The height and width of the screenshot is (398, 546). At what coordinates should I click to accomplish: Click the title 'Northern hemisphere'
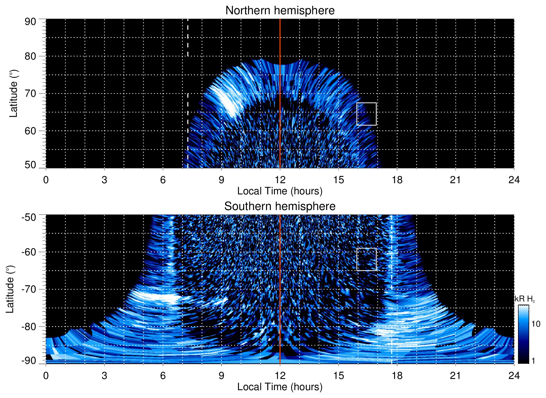click(280, 11)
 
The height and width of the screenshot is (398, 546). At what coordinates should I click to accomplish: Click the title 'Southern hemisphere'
click(280, 206)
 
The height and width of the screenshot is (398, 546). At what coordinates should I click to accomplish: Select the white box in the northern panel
click(366, 114)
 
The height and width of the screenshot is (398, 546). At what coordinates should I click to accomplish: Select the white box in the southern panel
click(366, 259)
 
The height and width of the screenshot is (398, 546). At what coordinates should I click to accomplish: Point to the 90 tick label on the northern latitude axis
click(30, 22)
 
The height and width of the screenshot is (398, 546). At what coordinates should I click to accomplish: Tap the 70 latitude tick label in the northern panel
click(30, 93)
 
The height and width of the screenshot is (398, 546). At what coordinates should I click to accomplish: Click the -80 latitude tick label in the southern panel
click(29, 326)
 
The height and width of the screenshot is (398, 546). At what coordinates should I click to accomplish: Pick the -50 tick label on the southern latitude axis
click(29, 217)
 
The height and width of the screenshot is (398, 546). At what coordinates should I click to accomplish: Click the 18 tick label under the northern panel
click(397, 180)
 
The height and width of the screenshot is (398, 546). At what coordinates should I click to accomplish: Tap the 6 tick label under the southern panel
click(163, 376)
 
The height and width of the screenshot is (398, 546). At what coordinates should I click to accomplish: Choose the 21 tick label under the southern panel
click(456, 376)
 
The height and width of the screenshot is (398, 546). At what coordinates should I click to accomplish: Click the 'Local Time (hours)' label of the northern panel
click(280, 191)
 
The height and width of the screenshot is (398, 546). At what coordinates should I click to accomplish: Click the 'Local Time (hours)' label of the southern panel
click(280, 387)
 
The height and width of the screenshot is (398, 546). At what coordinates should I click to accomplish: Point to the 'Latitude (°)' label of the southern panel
click(10, 289)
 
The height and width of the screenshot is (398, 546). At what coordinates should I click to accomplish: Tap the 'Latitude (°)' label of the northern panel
click(13, 93)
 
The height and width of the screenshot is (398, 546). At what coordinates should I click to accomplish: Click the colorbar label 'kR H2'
click(525, 299)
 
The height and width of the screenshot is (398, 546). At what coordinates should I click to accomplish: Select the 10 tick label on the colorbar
click(536, 324)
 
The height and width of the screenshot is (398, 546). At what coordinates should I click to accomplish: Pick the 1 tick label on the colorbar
click(533, 361)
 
